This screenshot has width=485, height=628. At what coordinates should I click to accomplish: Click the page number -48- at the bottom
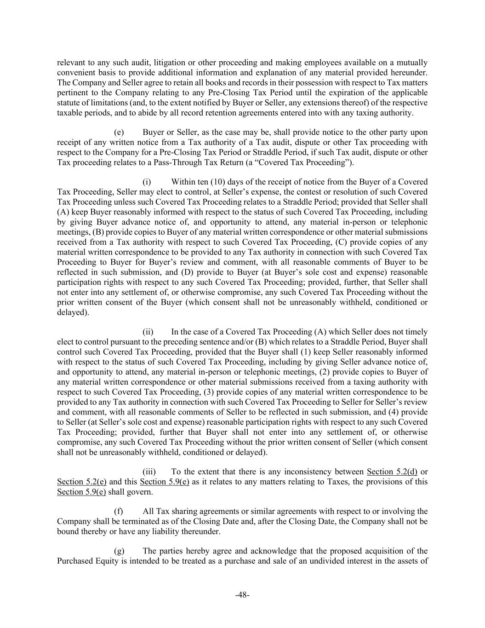click(x=242, y=595)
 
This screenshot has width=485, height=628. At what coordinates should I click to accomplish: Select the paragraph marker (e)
click(x=119, y=132)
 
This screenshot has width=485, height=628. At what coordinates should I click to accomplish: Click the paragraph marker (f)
click(x=118, y=511)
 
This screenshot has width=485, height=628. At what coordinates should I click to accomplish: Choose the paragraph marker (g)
click(x=119, y=551)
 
